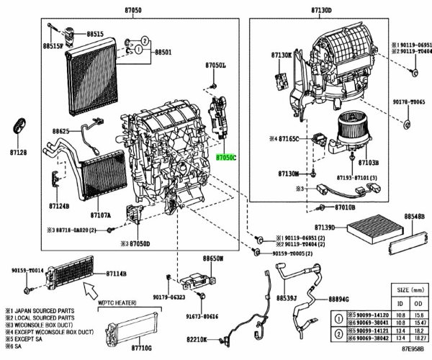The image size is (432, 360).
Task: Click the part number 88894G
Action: click(338, 299)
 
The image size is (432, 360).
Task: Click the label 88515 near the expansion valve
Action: click(95, 34)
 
